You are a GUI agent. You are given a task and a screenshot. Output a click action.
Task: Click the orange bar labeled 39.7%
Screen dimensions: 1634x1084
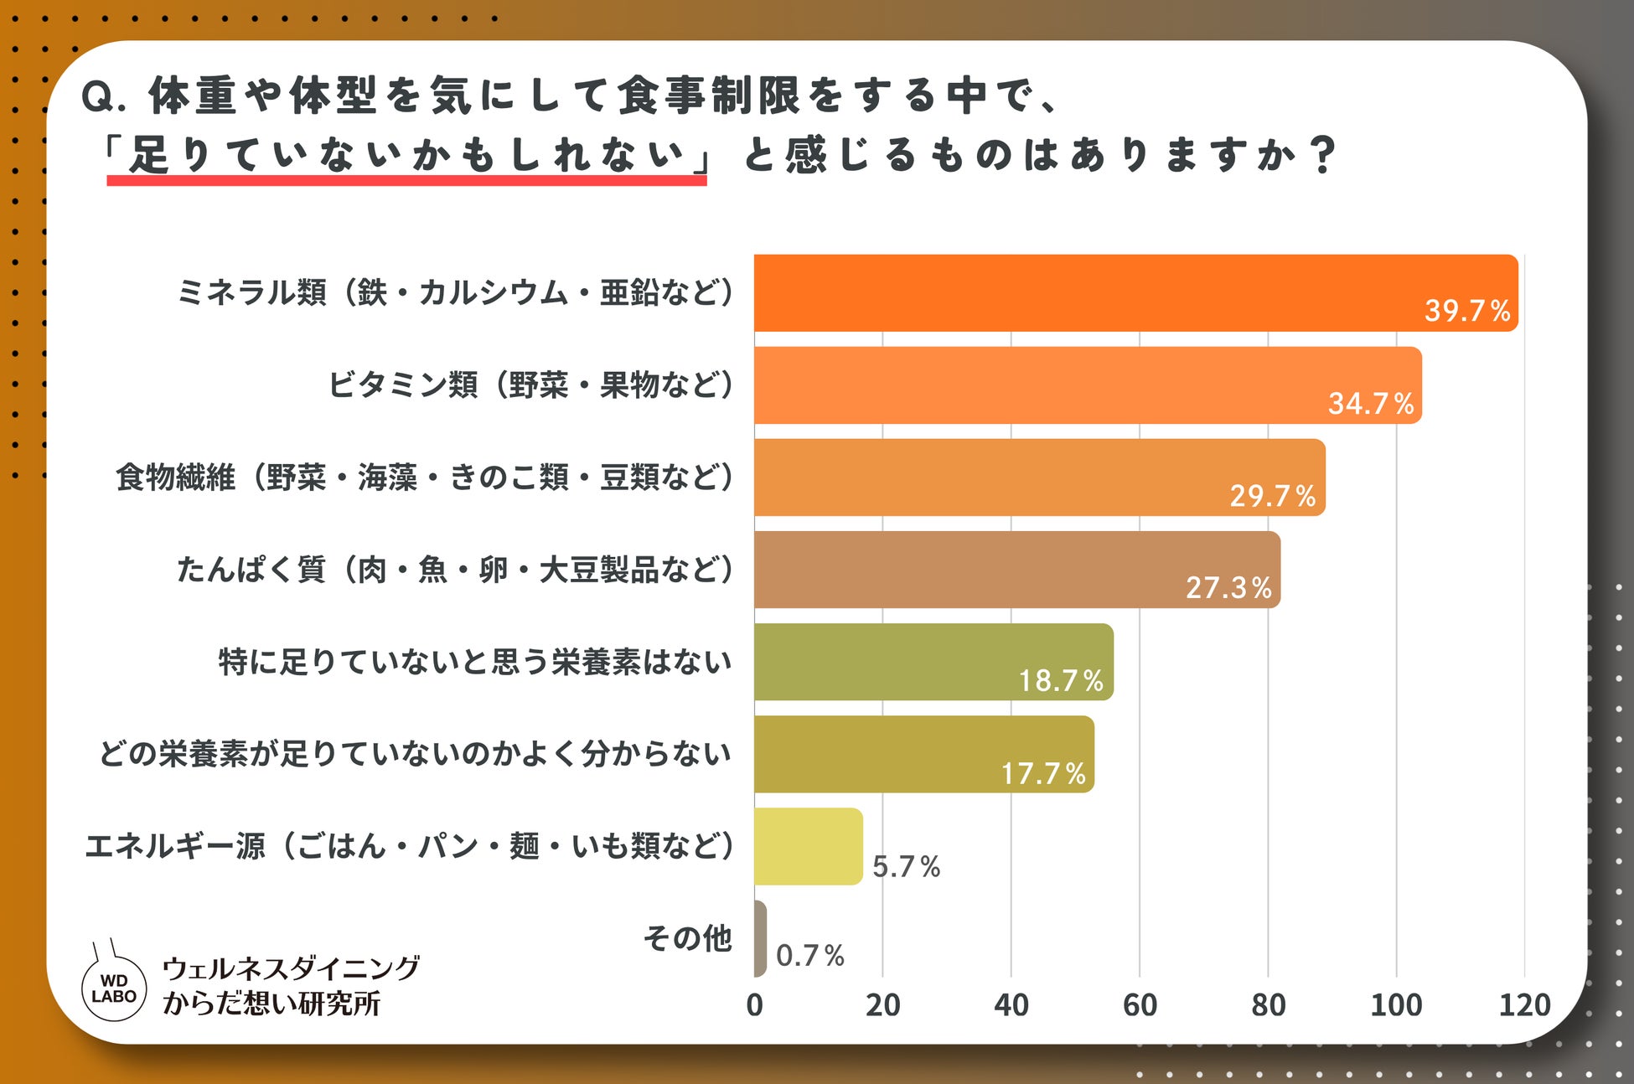click(x=1136, y=293)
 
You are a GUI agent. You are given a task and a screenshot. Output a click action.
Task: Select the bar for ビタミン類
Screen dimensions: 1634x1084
click(x=1088, y=385)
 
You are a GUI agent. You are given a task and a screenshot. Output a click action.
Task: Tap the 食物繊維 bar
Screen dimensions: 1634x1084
click(x=1040, y=477)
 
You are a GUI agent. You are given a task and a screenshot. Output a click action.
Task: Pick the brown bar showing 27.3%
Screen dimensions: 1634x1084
click(x=1017, y=570)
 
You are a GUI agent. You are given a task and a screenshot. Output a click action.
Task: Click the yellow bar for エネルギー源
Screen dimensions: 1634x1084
click(x=809, y=846)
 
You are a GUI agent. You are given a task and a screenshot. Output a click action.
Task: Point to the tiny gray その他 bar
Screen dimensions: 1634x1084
click(x=760, y=938)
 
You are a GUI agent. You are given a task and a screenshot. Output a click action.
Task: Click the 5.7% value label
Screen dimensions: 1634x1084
click(x=907, y=866)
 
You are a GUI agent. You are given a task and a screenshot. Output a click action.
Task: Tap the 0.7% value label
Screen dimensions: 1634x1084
click(x=810, y=955)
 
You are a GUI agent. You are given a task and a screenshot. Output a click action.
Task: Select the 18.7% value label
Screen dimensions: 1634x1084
click(x=1061, y=680)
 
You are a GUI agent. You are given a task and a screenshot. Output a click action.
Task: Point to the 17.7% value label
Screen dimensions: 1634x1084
click(x=1043, y=772)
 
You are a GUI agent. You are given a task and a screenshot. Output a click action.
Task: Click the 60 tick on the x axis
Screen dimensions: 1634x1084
click(x=1140, y=1004)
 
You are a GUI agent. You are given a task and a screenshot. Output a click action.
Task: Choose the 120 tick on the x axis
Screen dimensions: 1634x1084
click(x=1525, y=1004)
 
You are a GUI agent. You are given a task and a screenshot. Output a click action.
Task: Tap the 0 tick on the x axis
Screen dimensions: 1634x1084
click(x=754, y=1004)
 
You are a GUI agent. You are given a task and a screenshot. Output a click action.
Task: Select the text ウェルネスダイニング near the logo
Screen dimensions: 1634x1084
click(x=291, y=968)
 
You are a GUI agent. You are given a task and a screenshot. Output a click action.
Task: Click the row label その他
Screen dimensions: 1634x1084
click(x=687, y=938)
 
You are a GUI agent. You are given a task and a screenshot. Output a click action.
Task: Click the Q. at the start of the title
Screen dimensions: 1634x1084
click(x=104, y=97)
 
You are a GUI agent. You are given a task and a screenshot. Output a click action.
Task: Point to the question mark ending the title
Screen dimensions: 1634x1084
click(x=1323, y=155)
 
